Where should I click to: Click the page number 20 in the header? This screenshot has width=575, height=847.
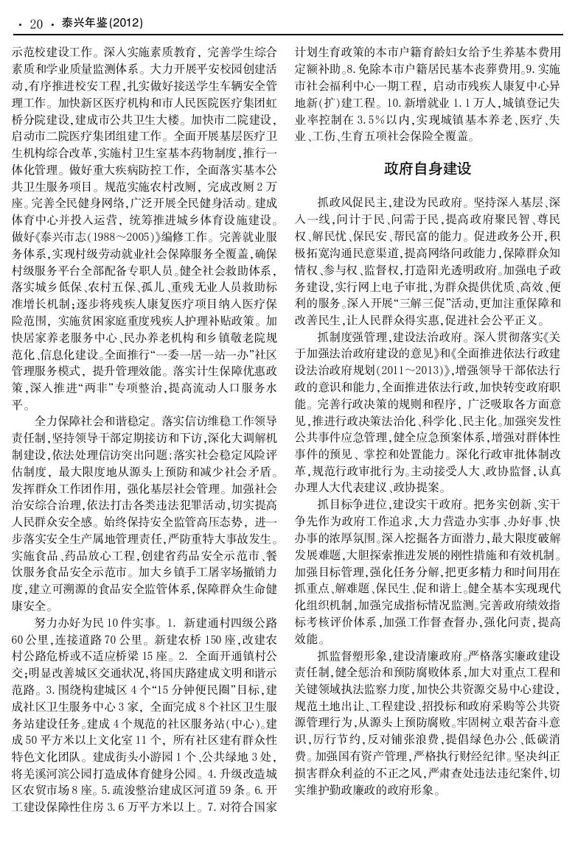[36, 24]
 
